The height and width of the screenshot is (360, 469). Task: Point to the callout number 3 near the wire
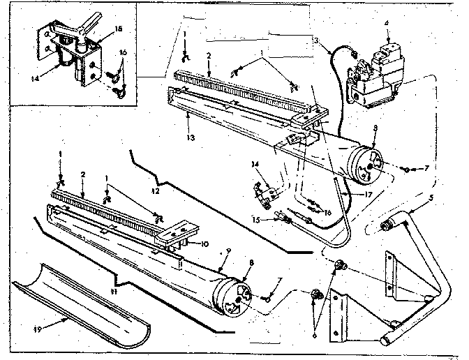[318, 41]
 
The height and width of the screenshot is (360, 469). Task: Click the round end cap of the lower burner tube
[234, 297]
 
